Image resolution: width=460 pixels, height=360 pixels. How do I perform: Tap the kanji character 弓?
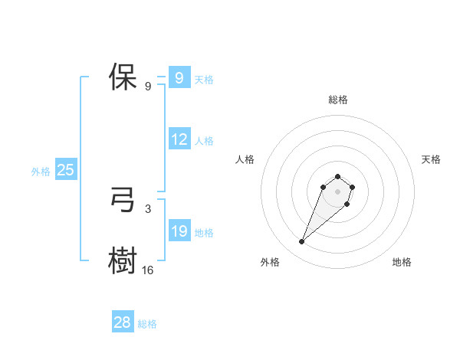122,201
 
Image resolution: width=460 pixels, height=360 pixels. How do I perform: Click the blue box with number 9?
179,78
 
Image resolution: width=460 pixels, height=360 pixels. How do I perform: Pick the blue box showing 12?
179,140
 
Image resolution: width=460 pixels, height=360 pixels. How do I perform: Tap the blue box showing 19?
179,232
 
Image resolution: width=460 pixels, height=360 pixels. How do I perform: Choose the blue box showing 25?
65,170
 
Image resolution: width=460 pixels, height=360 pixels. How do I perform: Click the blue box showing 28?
122,322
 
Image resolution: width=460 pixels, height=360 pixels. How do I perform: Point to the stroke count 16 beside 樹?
148,270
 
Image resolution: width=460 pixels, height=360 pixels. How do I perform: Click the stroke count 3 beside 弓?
147,208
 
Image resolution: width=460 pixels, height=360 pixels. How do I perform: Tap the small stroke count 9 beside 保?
147,86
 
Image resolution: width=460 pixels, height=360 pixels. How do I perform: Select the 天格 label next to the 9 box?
204,80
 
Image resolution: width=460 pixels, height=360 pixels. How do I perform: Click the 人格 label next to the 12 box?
204,141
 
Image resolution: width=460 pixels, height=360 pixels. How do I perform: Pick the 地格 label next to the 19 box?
204,233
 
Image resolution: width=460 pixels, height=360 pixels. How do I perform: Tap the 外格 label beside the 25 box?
41,172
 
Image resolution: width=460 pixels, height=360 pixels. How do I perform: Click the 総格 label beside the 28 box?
147,324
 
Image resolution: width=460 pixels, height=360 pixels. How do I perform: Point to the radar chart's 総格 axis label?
337,100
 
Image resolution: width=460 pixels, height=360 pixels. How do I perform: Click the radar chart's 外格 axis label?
270,262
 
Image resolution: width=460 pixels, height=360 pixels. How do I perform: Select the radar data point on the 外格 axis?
302,242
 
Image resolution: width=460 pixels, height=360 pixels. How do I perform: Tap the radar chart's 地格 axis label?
402,262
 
